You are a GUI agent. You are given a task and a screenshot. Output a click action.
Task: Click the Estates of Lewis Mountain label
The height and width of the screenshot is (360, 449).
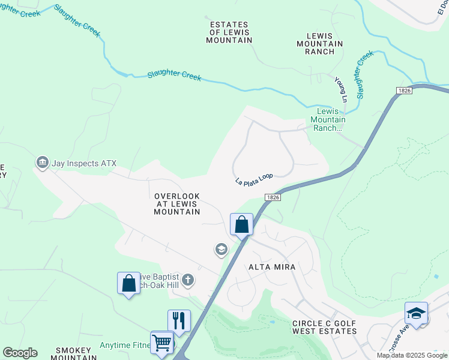(x=229, y=32)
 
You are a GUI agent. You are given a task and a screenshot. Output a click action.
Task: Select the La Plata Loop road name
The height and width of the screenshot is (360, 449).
(x=254, y=179)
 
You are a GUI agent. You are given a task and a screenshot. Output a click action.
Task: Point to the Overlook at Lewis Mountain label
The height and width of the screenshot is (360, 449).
(x=176, y=204)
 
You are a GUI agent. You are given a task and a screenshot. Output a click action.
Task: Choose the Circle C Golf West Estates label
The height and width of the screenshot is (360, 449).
(x=324, y=327)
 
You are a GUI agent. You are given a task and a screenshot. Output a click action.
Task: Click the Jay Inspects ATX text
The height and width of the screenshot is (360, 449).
(x=83, y=163)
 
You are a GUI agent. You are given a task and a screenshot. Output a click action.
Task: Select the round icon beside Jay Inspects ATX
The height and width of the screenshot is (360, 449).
(x=42, y=162)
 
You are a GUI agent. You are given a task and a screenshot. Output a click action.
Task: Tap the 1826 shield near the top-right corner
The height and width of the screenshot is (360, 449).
(x=404, y=90)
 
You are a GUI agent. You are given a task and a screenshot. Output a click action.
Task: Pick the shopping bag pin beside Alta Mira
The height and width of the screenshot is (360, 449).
(x=241, y=226)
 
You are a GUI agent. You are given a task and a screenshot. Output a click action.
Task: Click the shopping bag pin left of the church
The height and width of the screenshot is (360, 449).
(x=129, y=283)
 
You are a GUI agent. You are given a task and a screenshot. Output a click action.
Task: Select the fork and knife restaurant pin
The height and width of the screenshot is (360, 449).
(x=179, y=320)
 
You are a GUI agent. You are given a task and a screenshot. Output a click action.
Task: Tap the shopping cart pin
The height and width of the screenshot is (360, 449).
(x=161, y=343)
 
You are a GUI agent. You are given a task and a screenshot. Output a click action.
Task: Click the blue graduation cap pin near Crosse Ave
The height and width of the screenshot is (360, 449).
(x=416, y=314)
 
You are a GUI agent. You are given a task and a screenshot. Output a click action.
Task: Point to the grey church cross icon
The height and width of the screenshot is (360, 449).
(x=188, y=279)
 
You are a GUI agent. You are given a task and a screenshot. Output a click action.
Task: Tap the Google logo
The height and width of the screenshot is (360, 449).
(x=20, y=353)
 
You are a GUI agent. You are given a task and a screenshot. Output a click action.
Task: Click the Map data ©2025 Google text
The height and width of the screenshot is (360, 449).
(x=412, y=355)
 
